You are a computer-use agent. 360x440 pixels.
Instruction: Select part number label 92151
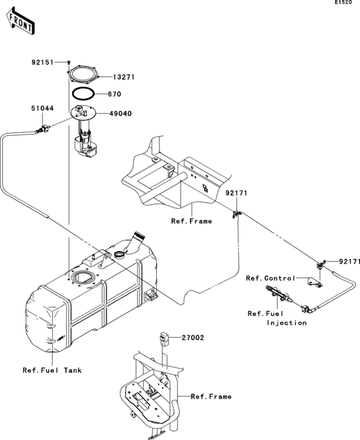click(44, 62)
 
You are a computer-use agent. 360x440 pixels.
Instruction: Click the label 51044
click(42, 109)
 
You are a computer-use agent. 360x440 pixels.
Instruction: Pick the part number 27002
click(192, 337)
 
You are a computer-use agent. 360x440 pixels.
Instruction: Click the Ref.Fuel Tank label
click(52, 370)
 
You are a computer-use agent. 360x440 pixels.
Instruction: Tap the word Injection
click(287, 322)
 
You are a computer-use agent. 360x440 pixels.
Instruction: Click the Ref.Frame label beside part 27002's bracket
click(212, 396)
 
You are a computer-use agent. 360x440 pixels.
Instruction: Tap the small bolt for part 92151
click(68, 62)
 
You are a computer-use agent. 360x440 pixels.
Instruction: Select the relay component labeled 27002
click(163, 337)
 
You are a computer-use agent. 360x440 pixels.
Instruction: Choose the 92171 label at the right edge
click(349, 261)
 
